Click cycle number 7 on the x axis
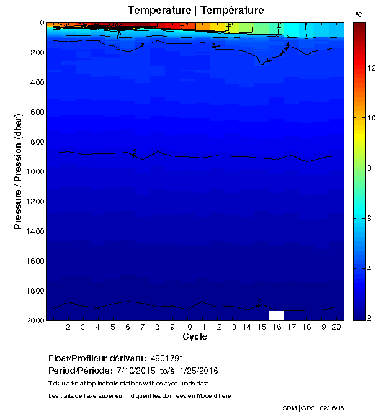pos(143,327)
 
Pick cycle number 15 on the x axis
pos(262,327)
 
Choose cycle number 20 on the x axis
pos(336,327)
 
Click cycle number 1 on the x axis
pos(53,327)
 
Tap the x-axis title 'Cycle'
pos(195,336)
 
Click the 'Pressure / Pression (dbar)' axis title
pos(19,171)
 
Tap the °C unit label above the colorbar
pos(359,13)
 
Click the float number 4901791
pos(167,358)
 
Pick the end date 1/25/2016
pos(198,371)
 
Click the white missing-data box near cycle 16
pos(277,315)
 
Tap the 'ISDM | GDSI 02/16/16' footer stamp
pos(311,408)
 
